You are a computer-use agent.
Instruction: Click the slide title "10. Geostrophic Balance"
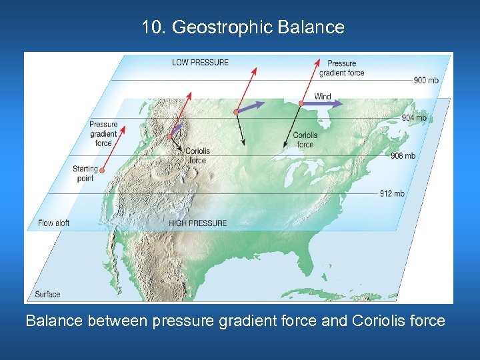pyautogui.click(x=243, y=27)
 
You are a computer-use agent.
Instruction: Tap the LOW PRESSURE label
pyautogui.click(x=200, y=63)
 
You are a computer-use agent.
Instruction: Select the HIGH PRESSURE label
pyautogui.click(x=197, y=223)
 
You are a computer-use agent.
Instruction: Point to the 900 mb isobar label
pyautogui.click(x=426, y=80)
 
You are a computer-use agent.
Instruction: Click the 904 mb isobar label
pyautogui.click(x=414, y=118)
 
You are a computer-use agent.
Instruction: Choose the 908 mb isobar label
pyautogui.click(x=403, y=156)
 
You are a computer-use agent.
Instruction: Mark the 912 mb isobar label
pyautogui.click(x=392, y=193)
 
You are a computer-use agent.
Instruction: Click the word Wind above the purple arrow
pyautogui.click(x=323, y=97)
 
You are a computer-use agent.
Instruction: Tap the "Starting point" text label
pyautogui.click(x=85, y=173)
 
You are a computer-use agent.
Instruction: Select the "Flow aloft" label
pyautogui.click(x=54, y=223)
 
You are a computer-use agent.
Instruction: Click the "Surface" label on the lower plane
pyautogui.click(x=47, y=294)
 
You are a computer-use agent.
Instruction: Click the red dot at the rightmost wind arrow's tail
pyautogui.click(x=301, y=103)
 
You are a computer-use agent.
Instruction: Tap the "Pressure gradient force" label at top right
pyautogui.click(x=341, y=68)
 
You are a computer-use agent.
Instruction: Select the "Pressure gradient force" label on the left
pyautogui.click(x=103, y=133)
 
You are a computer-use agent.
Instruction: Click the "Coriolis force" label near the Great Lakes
pyautogui.click(x=305, y=139)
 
